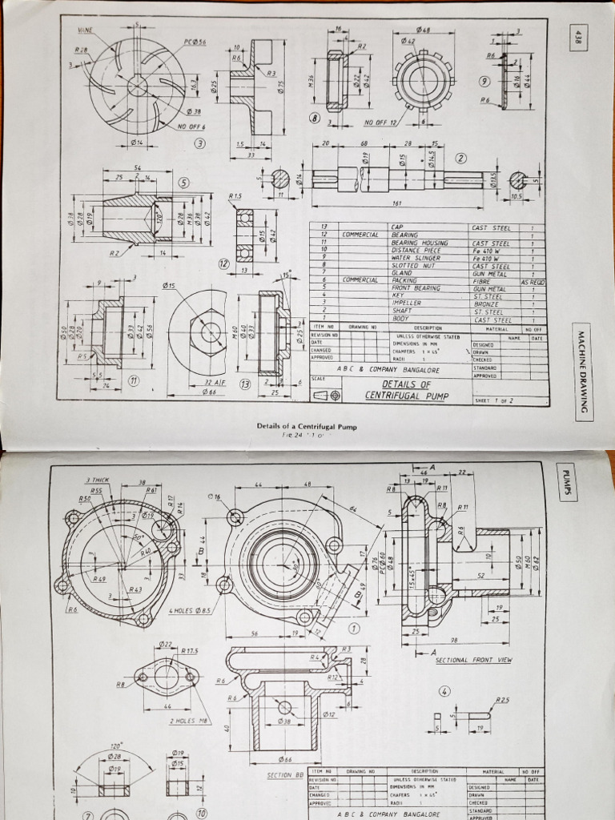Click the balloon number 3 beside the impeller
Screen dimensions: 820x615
click(199, 143)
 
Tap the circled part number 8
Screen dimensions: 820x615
click(315, 119)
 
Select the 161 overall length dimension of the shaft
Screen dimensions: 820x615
click(398, 203)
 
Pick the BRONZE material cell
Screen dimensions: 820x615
click(486, 303)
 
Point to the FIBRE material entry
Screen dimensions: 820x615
click(482, 281)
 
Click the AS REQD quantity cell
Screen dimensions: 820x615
click(533, 281)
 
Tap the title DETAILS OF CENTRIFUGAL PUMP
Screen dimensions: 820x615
click(407, 389)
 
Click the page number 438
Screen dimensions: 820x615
click(577, 37)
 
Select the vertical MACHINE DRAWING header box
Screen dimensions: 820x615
click(582, 371)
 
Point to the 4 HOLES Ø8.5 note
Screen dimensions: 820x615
click(190, 611)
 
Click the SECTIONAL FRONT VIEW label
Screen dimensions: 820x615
click(473, 660)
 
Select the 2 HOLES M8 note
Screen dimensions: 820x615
click(188, 720)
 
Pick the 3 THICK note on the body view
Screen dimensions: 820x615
click(97, 480)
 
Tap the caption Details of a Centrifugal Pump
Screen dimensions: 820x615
click(307, 426)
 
